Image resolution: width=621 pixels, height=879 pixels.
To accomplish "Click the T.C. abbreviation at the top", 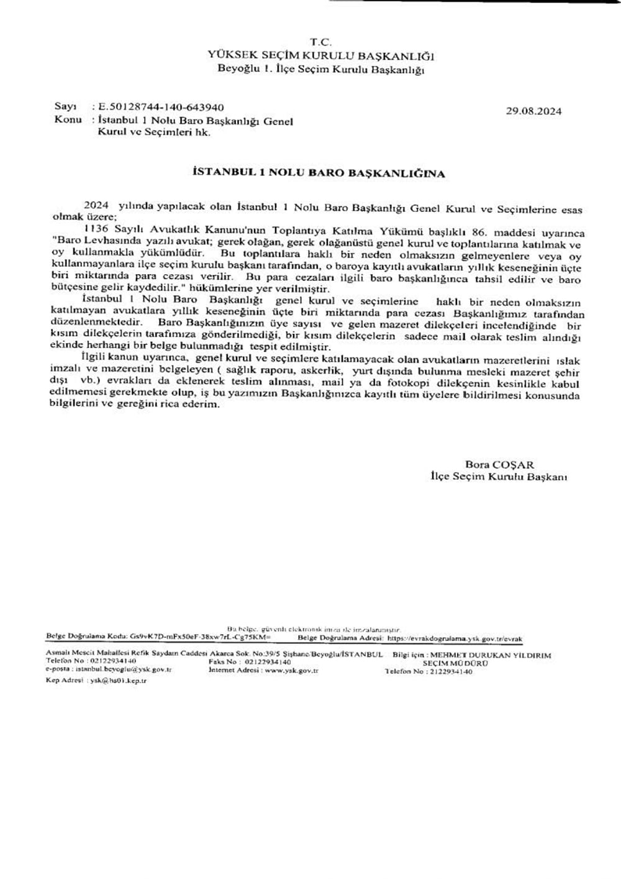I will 321,42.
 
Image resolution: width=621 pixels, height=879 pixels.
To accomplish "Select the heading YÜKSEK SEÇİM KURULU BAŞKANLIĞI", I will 321,55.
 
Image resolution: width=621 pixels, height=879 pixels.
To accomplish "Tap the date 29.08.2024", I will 534,111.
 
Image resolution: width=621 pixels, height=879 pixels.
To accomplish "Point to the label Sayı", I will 65,108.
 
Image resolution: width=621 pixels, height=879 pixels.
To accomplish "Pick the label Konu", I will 68,119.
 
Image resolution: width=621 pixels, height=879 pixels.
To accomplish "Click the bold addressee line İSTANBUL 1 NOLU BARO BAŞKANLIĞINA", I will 319,173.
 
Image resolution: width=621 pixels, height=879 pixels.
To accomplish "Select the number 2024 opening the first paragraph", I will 96,205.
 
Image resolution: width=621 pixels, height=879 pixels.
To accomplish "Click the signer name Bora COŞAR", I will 499,464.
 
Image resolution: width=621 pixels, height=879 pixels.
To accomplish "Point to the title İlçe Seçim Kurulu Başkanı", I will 499,477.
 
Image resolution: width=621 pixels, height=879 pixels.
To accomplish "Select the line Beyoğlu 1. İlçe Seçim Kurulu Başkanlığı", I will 320,69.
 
